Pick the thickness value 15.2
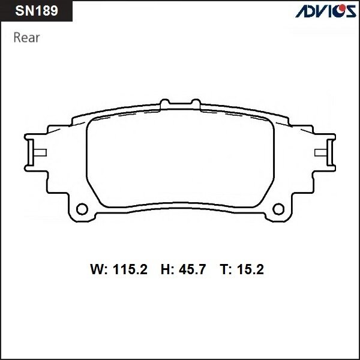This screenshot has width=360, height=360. coord(250,271)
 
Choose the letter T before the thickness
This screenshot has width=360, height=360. coord(224,271)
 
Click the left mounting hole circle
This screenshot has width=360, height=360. coord(84,209)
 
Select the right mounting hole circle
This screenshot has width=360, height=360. coord(277,209)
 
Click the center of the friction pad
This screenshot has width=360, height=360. coord(180,161)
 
